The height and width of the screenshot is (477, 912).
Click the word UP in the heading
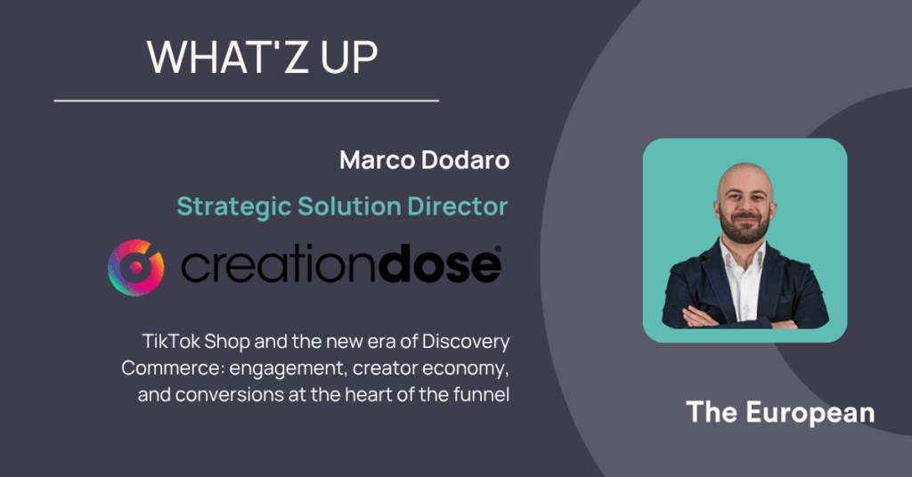coord(349,57)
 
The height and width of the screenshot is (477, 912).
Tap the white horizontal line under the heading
coord(247,101)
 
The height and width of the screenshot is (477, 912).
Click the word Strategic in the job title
coord(234,206)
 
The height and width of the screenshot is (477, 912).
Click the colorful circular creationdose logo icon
coord(136,267)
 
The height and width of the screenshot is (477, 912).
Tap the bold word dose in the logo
coord(440,265)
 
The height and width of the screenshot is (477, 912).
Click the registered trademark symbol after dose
coord(498,249)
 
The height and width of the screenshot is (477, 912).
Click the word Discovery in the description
coord(466,343)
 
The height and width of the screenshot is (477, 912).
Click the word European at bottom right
coord(810,413)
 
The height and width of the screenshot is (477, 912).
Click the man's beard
coord(745,228)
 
